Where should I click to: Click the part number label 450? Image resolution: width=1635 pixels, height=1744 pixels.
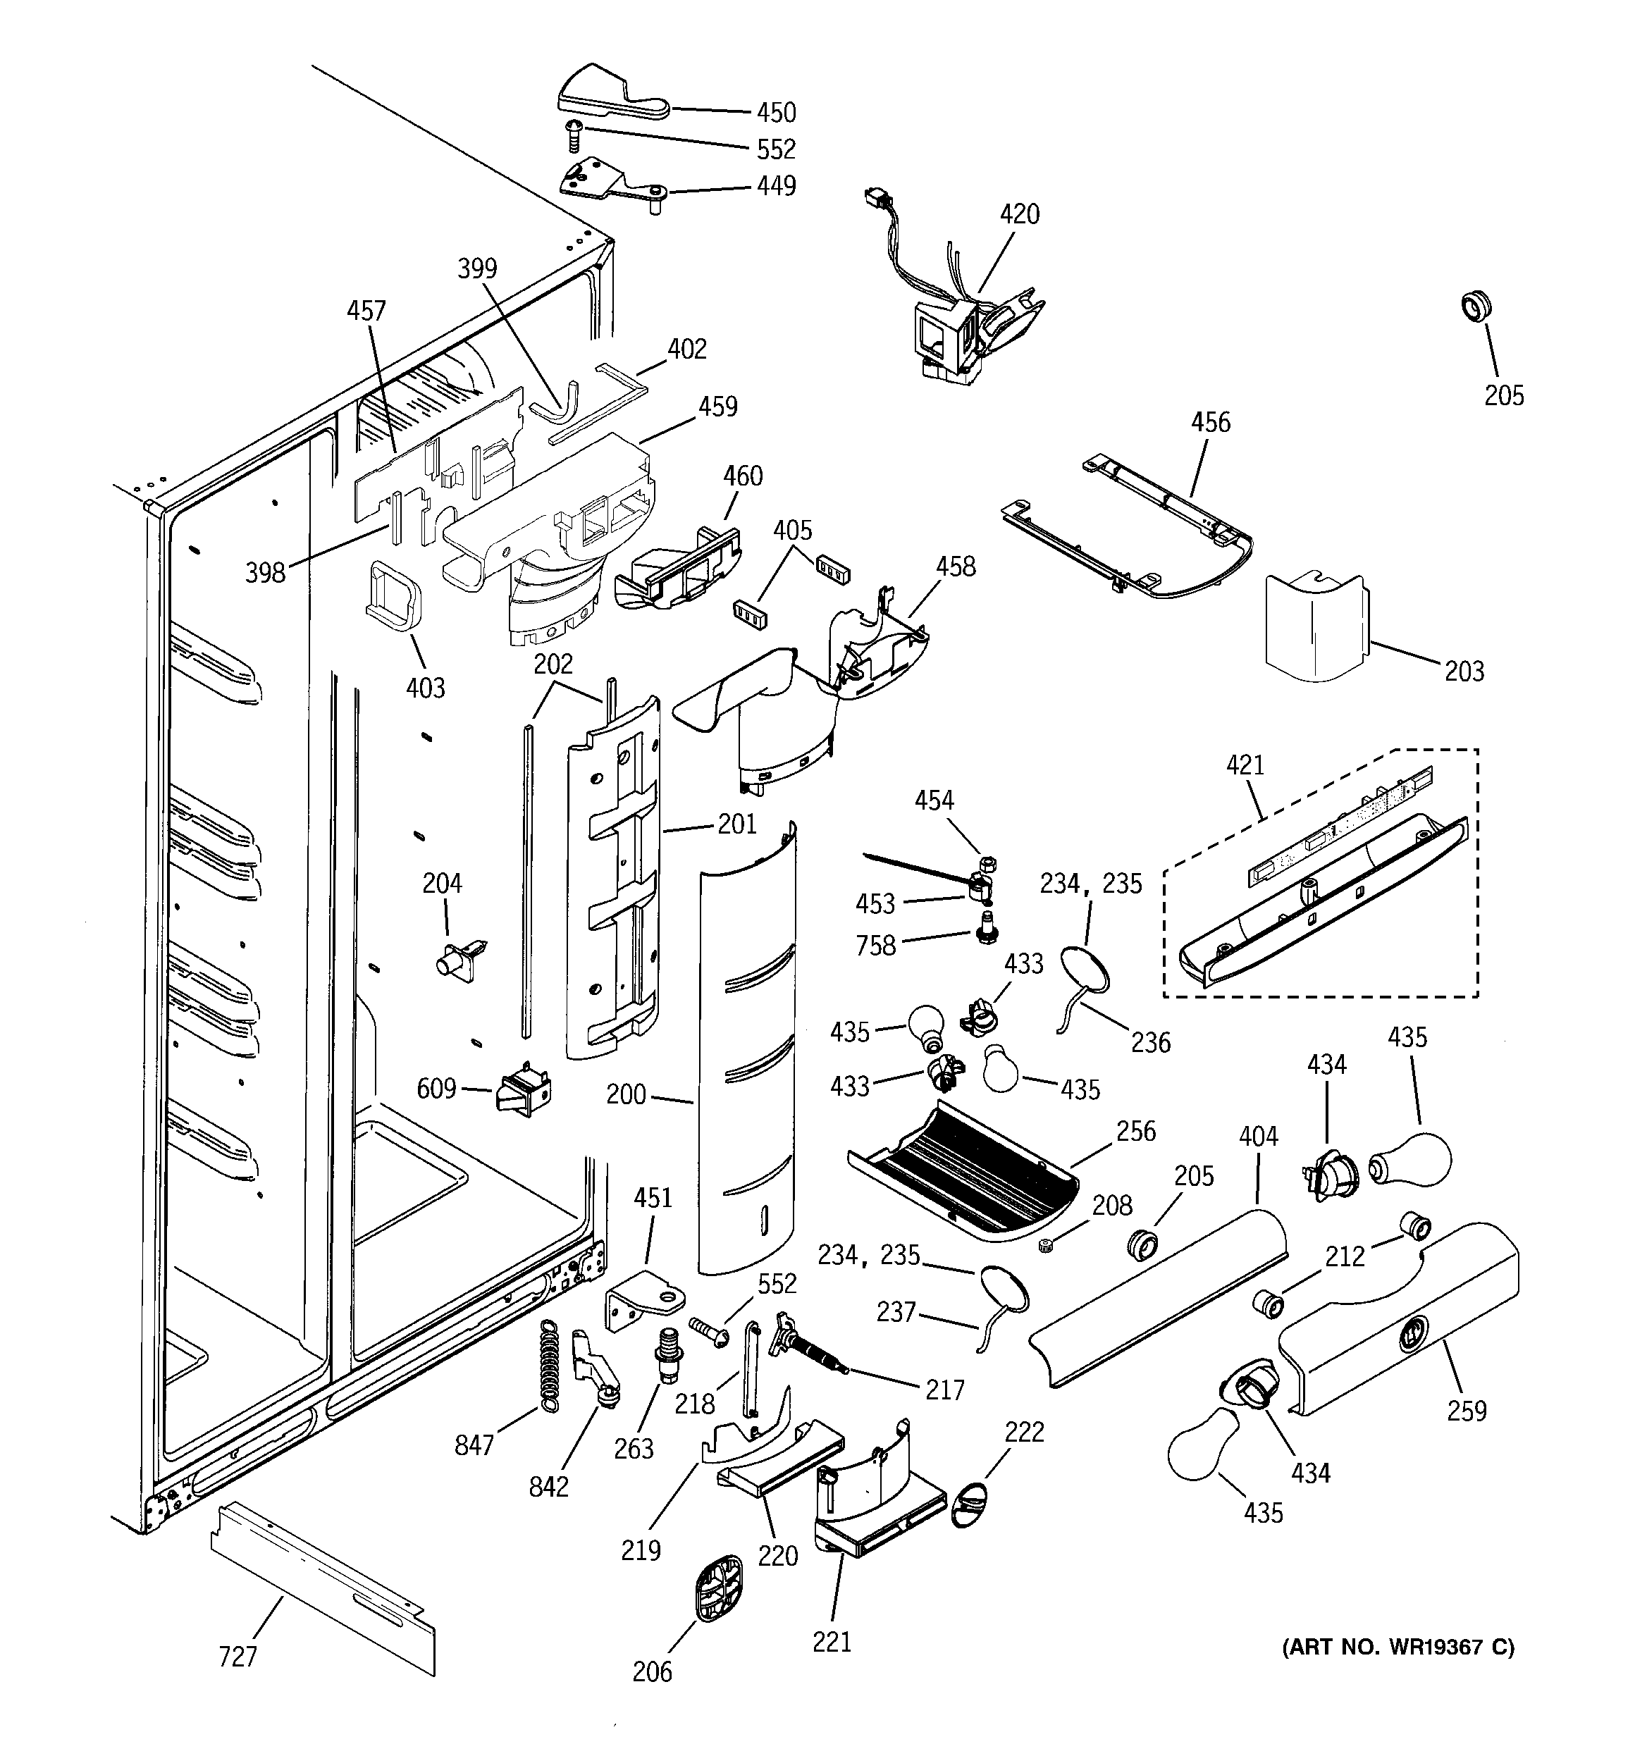point(776,113)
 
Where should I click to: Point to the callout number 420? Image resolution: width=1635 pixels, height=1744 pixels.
point(1019,214)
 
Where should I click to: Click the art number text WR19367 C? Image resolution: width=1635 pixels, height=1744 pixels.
point(1399,1647)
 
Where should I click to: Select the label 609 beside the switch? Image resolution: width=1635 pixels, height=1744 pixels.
point(436,1089)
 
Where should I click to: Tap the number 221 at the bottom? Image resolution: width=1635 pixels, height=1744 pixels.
point(831,1641)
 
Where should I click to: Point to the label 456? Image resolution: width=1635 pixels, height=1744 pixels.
point(1210,423)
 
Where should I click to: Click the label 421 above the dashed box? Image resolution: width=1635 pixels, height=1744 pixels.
point(1245,765)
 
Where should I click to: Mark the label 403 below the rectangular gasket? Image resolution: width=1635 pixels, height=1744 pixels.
point(425,687)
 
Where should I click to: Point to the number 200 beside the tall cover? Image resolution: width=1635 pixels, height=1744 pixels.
point(626,1094)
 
